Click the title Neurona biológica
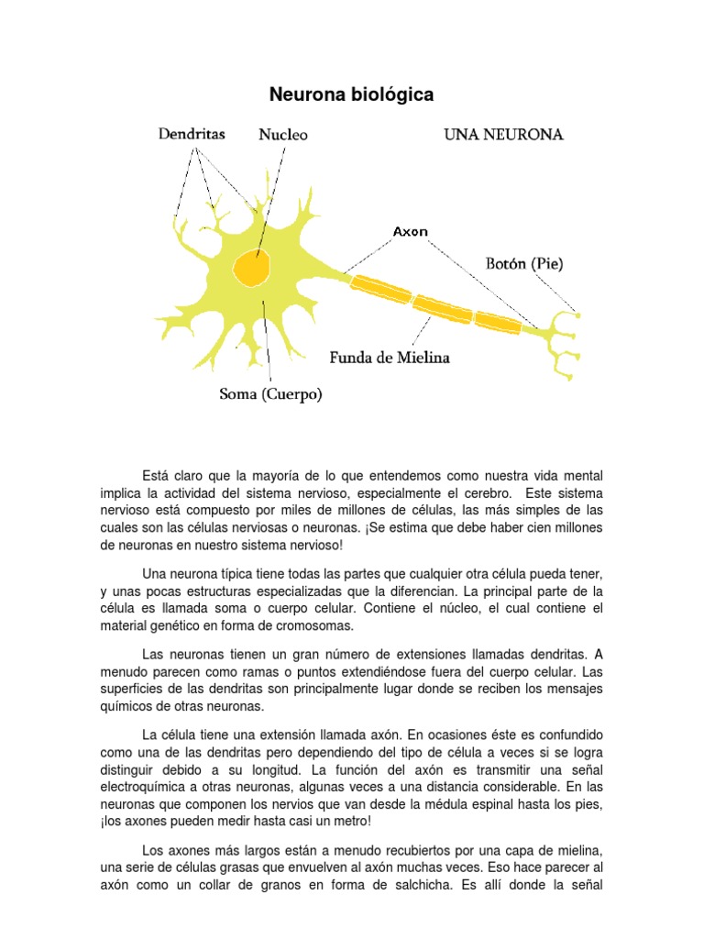(x=351, y=94)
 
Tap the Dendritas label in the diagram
(x=192, y=134)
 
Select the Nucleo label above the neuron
(x=283, y=135)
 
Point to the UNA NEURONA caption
(x=503, y=135)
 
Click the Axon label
(x=411, y=232)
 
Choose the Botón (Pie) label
(x=524, y=264)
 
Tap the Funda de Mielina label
(x=390, y=358)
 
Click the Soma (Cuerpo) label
(x=270, y=395)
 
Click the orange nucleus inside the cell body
(x=252, y=268)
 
